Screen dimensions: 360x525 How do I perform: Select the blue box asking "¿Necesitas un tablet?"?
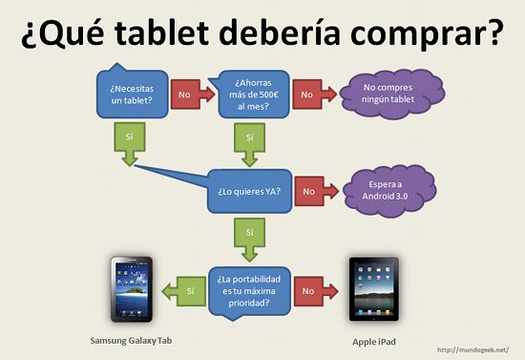(x=128, y=95)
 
